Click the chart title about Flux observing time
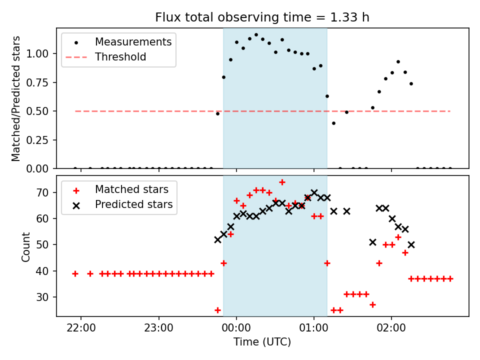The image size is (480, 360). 262,18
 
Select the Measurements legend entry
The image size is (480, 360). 133,42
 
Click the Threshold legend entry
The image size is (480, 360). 120,57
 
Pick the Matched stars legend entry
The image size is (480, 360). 131,189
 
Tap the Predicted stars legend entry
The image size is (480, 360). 133,204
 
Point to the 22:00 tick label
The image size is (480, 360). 81,328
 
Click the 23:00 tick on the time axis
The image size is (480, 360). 159,328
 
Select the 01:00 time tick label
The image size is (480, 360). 313,328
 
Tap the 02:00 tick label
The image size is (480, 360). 391,328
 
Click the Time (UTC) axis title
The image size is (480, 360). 262,342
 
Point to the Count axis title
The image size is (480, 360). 26,246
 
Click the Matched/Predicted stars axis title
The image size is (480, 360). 16,98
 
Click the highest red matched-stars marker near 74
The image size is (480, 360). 282,182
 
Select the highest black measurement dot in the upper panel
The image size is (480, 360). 256,35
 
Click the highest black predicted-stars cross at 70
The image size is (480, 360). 314,192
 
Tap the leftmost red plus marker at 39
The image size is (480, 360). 75,273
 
